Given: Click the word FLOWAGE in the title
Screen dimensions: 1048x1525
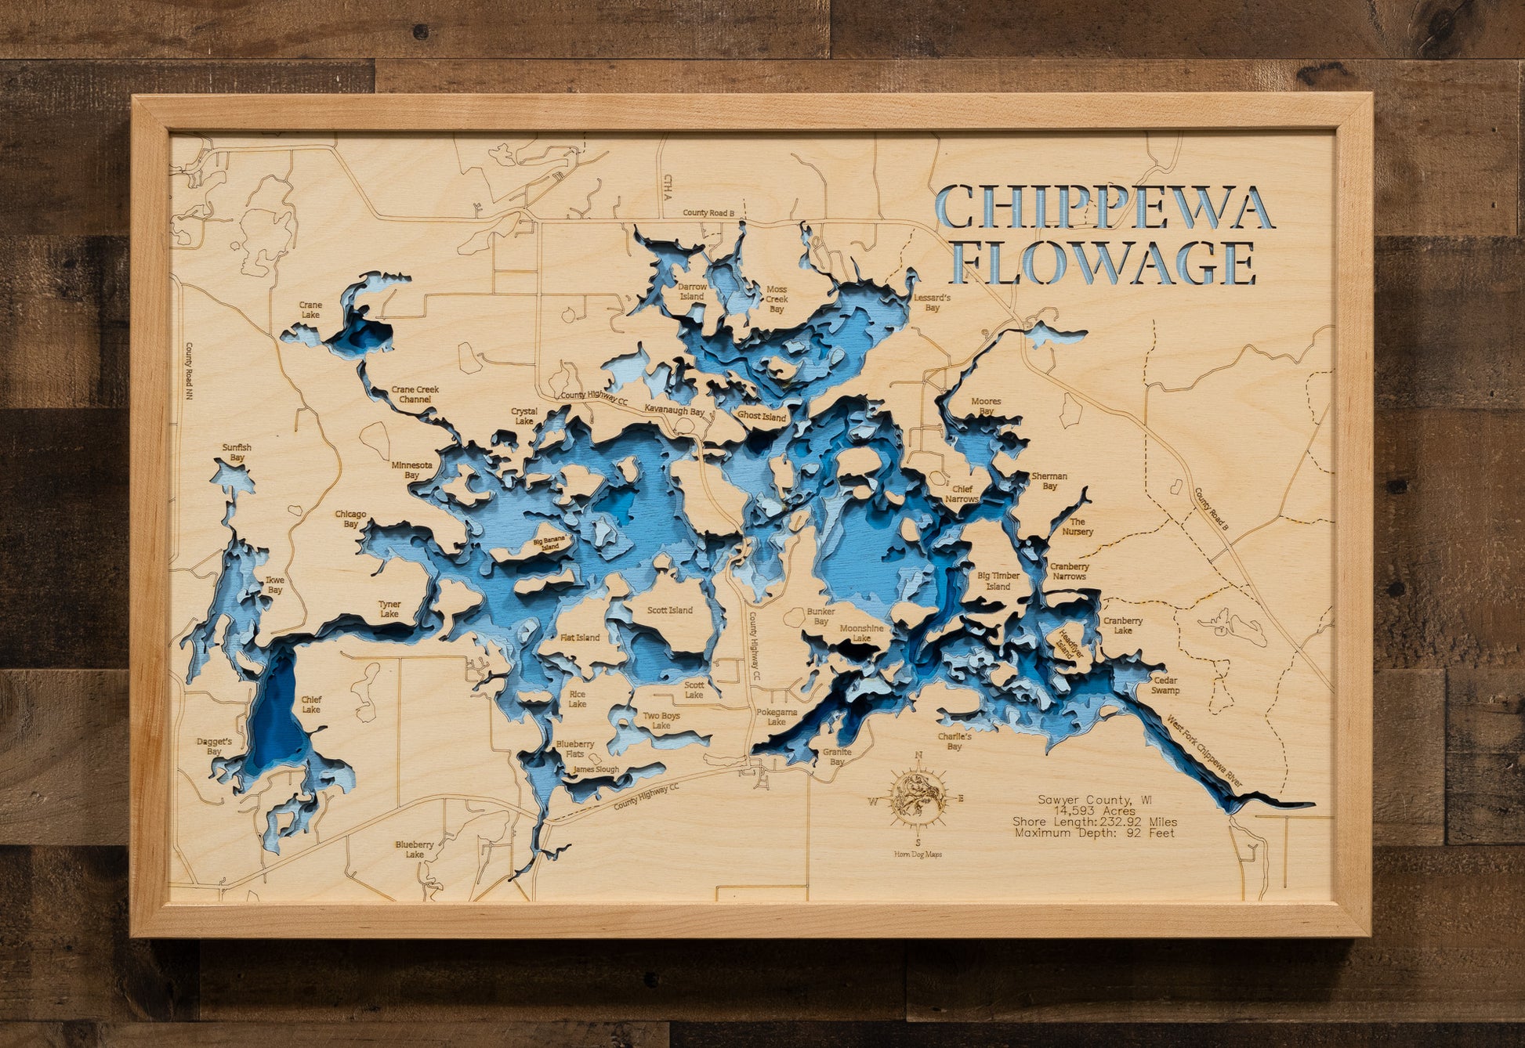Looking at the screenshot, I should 1103,263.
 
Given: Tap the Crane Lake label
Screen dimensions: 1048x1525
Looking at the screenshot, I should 310,310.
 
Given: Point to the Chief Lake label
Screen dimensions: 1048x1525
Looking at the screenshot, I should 311,704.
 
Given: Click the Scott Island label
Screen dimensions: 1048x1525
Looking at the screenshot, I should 669,610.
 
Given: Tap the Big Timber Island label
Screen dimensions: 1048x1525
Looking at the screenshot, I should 998,580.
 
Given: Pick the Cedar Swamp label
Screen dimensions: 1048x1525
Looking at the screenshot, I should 1165,685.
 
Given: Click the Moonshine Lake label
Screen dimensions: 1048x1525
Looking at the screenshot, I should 861,633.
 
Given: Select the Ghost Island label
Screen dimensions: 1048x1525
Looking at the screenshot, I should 762,417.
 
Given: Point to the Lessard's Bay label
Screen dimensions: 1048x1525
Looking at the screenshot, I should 932,302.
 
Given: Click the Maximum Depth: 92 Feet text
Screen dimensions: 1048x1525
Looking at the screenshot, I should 1095,833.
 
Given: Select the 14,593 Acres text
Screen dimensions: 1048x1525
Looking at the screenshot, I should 1094,811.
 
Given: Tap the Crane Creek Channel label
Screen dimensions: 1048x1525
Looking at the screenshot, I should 415,394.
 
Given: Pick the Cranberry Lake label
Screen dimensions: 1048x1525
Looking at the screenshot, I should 1123,625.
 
